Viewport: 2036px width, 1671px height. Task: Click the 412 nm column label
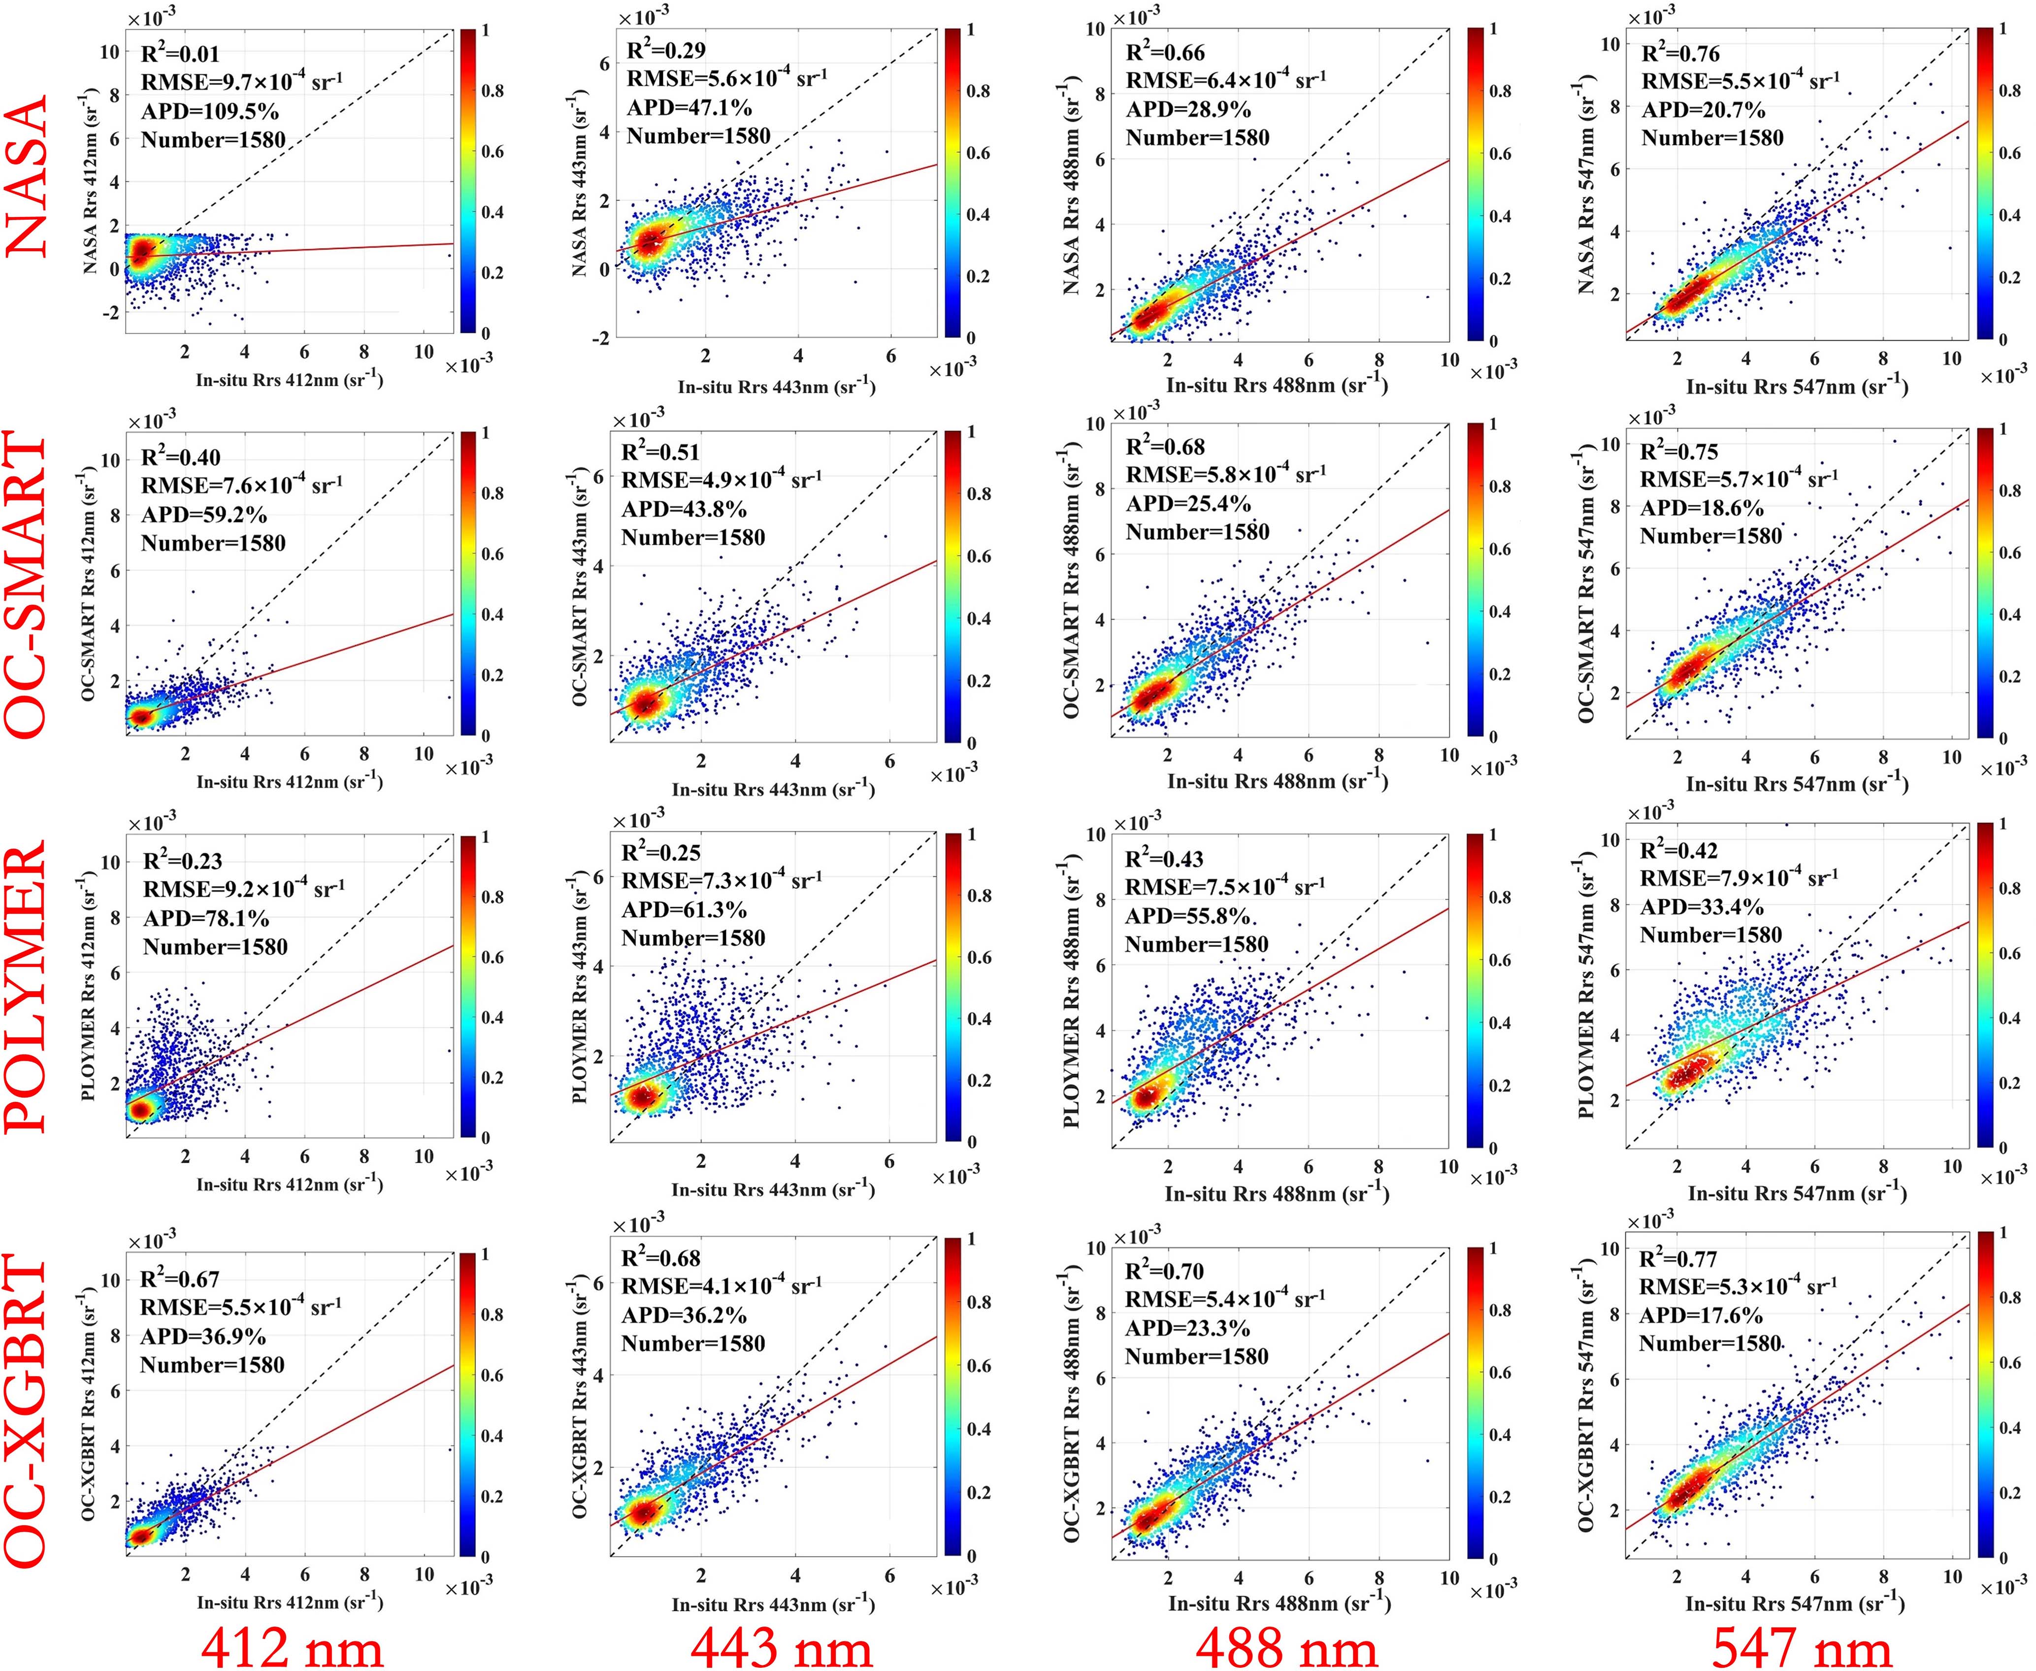coord(292,1648)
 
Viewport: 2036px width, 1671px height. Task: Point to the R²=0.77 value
coord(1678,1259)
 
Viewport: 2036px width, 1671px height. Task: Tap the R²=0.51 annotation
coord(660,453)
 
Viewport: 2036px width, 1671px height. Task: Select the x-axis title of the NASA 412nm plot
coord(289,379)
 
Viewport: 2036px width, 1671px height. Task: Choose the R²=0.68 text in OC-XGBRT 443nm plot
coord(660,1259)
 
